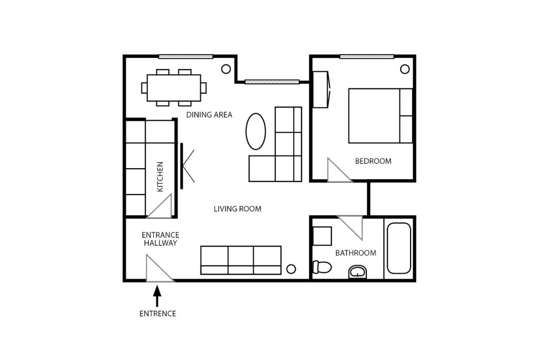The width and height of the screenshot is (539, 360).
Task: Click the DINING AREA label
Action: [209, 114]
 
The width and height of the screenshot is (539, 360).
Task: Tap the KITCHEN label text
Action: [160, 177]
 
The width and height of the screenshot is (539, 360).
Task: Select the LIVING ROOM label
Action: [237, 209]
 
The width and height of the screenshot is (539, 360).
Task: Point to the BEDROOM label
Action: [373, 161]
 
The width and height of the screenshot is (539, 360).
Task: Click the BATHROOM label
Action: [355, 253]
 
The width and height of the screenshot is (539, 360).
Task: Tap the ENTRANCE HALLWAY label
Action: [161, 239]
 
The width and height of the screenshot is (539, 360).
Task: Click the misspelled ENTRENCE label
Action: [158, 314]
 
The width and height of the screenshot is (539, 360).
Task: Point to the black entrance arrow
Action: [157, 296]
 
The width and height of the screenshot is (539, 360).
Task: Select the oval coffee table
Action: [256, 131]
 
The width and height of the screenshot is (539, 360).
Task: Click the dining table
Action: [174, 88]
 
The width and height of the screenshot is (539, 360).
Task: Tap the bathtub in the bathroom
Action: [399, 248]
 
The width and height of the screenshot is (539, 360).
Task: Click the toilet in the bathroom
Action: [322, 267]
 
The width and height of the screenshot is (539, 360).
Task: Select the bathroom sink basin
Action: [357, 272]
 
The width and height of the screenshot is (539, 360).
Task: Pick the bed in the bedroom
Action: [381, 115]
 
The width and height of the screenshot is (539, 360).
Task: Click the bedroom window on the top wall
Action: [367, 56]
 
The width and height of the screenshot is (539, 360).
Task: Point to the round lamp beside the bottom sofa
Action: [291, 269]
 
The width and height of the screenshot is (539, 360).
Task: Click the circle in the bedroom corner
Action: [405, 69]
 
